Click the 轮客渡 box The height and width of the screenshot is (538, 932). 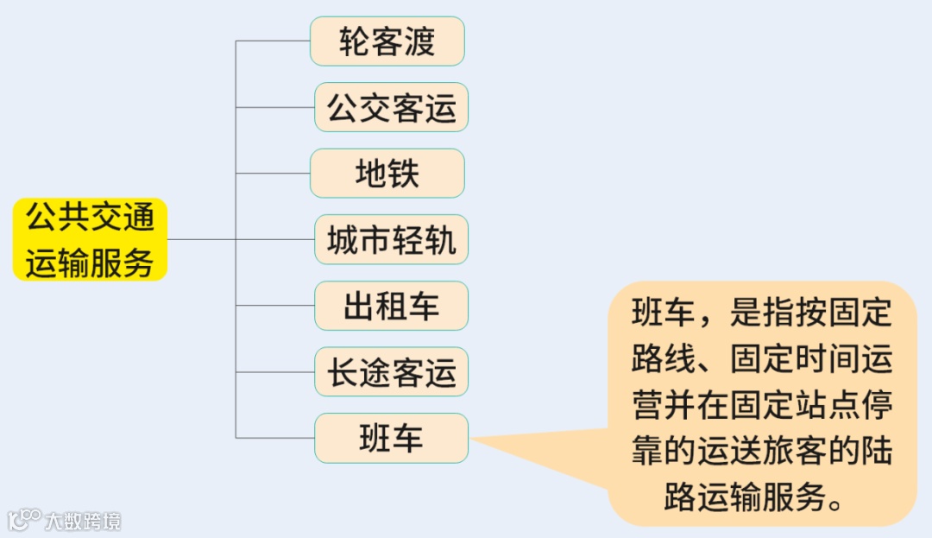[x=387, y=41]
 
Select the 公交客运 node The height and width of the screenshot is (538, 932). [x=391, y=107]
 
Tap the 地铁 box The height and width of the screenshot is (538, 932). [x=387, y=174]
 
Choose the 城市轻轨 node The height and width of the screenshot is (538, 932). [x=391, y=239]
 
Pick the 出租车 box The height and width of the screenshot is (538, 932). [x=391, y=306]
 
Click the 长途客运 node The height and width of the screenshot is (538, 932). [x=391, y=372]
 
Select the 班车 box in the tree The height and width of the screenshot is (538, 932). [x=391, y=438]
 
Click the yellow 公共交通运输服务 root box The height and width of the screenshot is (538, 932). [x=90, y=239]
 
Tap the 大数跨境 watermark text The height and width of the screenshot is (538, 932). [x=83, y=521]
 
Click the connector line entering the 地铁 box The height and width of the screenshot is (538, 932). [x=273, y=174]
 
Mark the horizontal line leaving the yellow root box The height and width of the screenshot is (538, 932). [x=200, y=239]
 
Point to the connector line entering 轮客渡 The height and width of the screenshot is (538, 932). [x=273, y=41]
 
